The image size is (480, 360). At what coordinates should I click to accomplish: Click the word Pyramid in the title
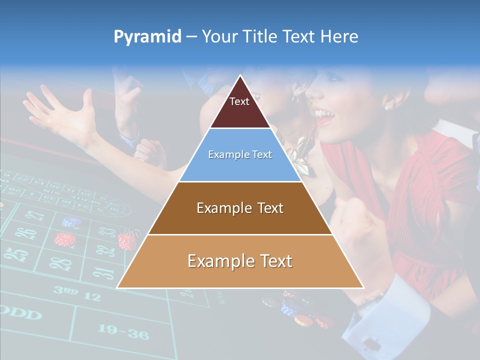tap(147, 37)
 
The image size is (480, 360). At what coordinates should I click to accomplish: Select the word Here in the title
tap(339, 37)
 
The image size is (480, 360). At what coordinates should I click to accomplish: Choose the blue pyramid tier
tap(240, 155)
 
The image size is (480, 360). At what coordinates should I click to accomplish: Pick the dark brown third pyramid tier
tap(240, 208)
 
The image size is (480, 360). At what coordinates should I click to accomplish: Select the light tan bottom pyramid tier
tap(240, 261)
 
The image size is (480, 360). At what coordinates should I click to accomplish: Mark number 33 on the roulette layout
tap(106, 232)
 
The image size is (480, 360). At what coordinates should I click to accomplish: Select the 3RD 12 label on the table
tap(76, 293)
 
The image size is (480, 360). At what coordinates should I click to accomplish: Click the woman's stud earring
tap(386, 107)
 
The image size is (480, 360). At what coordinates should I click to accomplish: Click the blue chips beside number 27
tap(70, 221)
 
